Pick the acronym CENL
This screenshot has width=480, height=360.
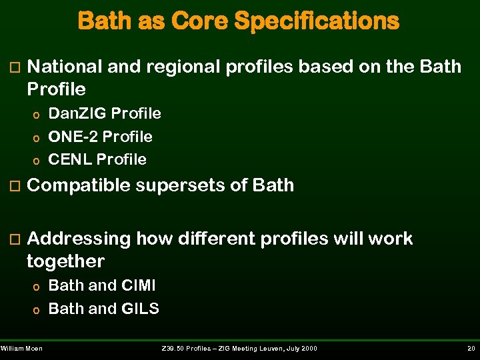click(70, 159)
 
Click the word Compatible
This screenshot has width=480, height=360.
click(78, 185)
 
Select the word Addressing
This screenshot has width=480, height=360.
click(79, 239)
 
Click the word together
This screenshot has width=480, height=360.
click(65, 261)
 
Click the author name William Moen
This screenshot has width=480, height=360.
click(21, 349)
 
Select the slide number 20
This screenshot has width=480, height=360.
click(470, 349)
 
